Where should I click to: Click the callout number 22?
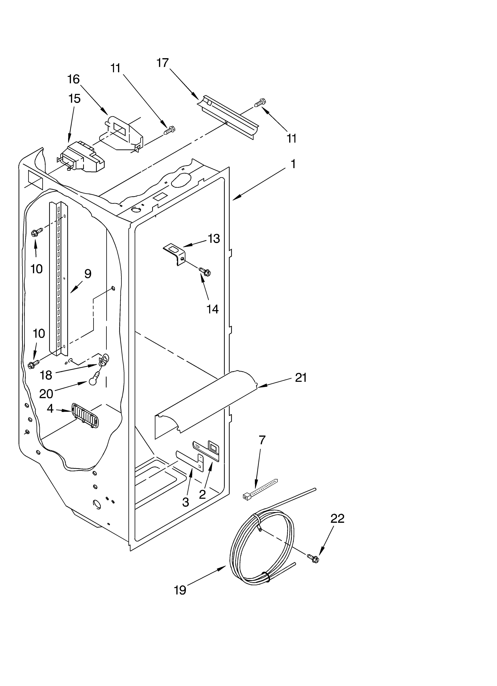click(337, 519)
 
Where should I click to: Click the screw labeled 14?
click(205, 271)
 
